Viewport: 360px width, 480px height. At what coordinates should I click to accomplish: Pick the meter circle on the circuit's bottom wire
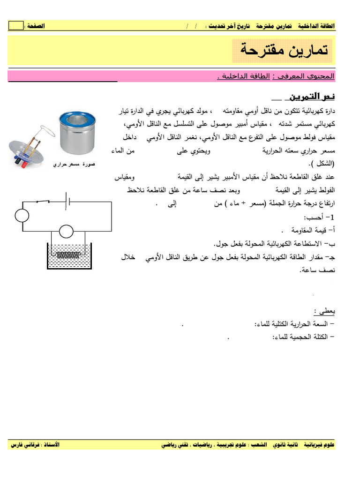pos(67,231)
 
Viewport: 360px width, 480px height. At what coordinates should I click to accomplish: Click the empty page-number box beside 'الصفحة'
pos(15,26)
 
